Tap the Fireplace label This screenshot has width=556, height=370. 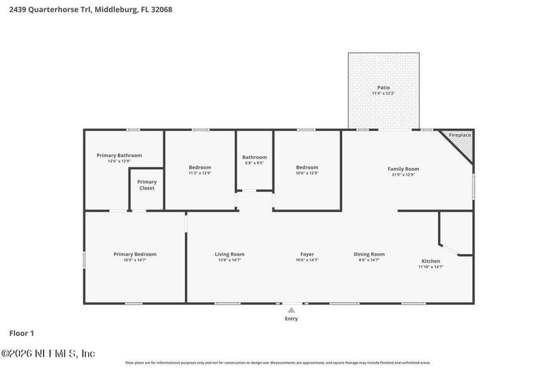click(x=459, y=135)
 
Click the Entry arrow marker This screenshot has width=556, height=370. click(x=291, y=310)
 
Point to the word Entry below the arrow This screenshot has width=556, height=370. click(x=291, y=319)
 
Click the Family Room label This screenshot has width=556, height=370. click(x=403, y=169)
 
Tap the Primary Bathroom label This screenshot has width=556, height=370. click(x=119, y=155)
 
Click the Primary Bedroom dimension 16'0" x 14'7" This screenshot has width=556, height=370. click(x=134, y=260)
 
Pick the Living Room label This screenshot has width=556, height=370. click(x=229, y=254)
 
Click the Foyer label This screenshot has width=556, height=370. click(x=307, y=254)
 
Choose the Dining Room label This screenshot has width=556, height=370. click(x=369, y=254)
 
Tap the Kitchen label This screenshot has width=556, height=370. click(x=430, y=261)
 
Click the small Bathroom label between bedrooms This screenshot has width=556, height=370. click(x=254, y=158)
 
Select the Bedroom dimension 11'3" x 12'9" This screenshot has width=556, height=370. click(x=200, y=173)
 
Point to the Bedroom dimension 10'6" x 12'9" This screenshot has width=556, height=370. click(x=306, y=173)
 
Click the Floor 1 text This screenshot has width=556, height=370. click(x=22, y=333)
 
